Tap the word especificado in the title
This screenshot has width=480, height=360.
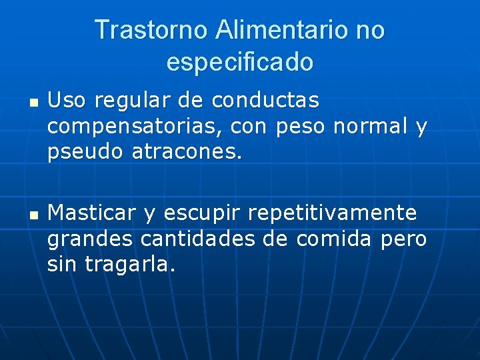point(239,62)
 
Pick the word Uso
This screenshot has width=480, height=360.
point(67,101)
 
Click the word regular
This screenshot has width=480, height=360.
point(133,102)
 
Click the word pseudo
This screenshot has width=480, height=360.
point(85,153)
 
